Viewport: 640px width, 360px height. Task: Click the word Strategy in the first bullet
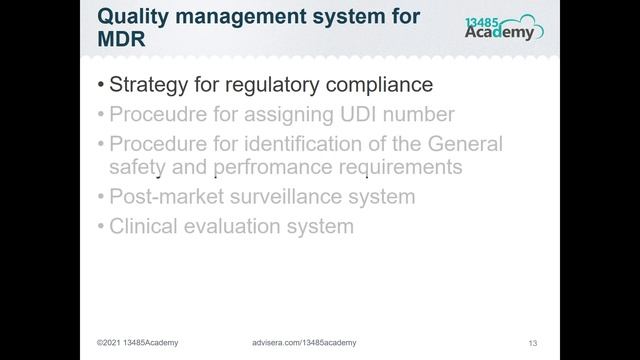tap(150, 85)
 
